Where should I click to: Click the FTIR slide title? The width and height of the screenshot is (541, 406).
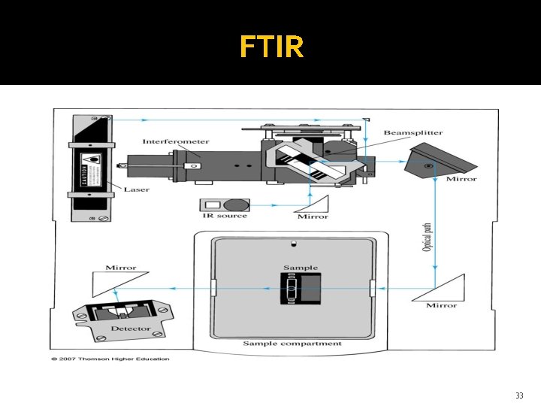coord(272,47)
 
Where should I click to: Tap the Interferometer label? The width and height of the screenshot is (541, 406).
coord(176,141)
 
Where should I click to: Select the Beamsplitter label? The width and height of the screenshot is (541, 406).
coord(413,133)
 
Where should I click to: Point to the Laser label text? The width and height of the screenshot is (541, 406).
coord(136,189)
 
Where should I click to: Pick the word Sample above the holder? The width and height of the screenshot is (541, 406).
coord(300,268)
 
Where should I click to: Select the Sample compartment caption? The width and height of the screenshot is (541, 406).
coord(292,344)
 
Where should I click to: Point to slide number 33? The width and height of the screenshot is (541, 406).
coord(518,395)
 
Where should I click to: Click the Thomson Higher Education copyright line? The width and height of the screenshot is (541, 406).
coord(110,359)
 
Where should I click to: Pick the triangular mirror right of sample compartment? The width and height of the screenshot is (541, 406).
coord(440,288)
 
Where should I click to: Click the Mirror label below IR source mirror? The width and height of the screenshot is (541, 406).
coord(313,217)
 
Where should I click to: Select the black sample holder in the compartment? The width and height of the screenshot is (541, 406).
coord(300,289)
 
